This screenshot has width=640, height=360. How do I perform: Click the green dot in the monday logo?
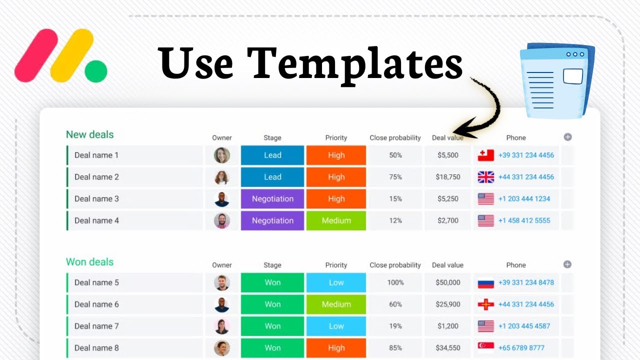(96, 71)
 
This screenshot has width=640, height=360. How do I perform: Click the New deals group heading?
(90, 134)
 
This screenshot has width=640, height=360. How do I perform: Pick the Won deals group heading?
(90, 262)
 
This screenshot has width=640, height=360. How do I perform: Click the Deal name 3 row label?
(96, 198)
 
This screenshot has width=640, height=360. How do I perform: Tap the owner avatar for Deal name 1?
(222, 155)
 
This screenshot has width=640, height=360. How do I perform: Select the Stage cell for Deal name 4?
(272, 220)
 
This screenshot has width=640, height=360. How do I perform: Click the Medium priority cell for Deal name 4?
(336, 220)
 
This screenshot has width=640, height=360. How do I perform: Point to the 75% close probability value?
(395, 177)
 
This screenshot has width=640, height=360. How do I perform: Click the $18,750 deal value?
(448, 177)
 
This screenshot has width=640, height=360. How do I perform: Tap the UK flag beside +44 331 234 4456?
(485, 177)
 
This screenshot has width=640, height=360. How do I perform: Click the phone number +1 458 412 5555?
(524, 220)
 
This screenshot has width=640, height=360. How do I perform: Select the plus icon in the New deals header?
(567, 137)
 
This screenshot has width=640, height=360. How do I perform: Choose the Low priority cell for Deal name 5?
(336, 282)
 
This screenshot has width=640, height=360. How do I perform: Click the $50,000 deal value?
(448, 282)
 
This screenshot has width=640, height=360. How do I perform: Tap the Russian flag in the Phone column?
(485, 282)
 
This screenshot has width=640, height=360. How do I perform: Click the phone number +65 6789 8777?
(521, 348)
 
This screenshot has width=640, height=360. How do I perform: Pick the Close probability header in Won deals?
(395, 265)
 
